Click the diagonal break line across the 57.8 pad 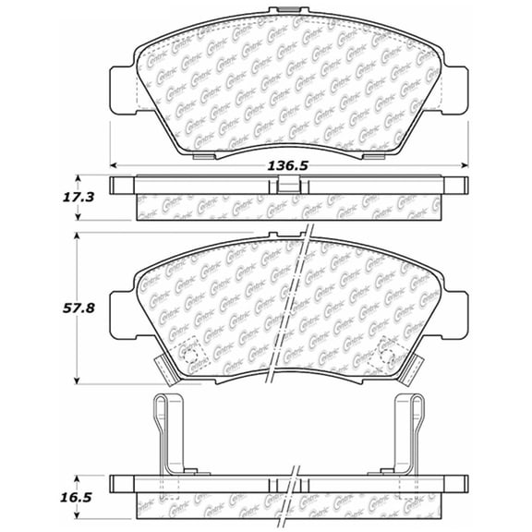[294, 305]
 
